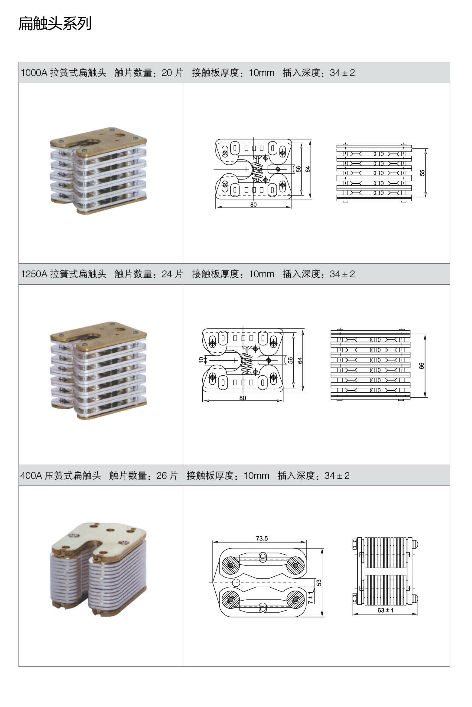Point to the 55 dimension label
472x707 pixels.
[x=422, y=173]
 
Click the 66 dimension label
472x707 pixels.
[x=421, y=366]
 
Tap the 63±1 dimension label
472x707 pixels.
[x=385, y=610]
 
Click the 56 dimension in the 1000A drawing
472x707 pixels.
[x=298, y=169]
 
